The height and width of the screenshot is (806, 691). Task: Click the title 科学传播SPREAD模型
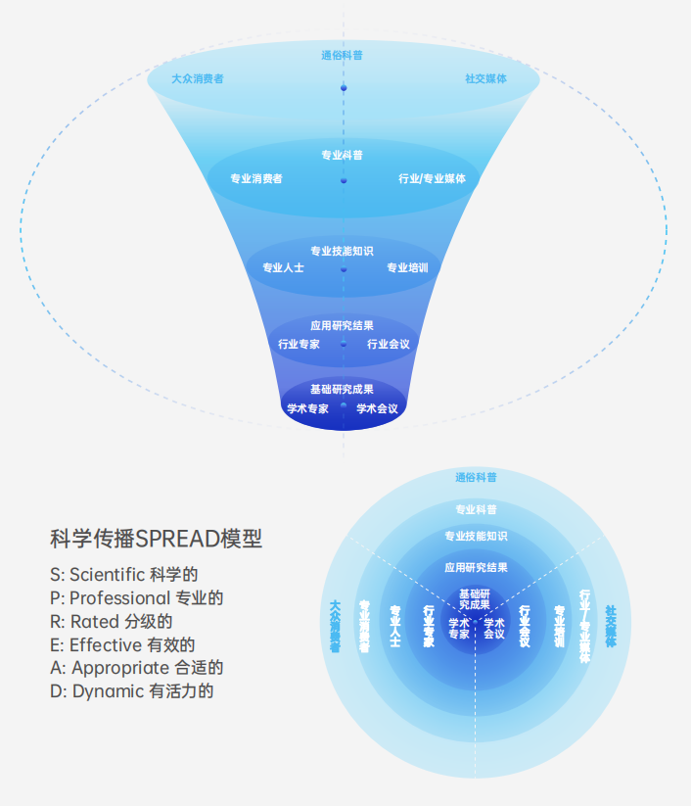(156, 539)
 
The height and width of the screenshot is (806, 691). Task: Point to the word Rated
(94, 621)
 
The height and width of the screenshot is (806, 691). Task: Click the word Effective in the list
(106, 644)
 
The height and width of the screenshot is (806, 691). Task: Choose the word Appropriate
(120, 668)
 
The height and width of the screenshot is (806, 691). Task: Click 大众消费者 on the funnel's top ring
(197, 78)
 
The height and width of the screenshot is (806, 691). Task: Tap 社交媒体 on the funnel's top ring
(485, 78)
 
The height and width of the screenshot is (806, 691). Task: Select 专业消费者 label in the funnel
(256, 178)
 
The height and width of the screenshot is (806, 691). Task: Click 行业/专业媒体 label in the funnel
(432, 178)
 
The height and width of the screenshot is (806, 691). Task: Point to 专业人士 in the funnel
(283, 267)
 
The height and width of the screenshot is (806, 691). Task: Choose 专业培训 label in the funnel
(407, 267)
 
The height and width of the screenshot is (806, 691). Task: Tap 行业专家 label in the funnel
(299, 344)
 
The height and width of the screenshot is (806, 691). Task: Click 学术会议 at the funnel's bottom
(377, 408)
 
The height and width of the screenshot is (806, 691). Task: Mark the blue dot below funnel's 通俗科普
(344, 89)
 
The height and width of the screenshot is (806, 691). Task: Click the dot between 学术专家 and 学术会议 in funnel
(344, 403)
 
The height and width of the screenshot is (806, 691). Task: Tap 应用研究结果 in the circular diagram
(476, 567)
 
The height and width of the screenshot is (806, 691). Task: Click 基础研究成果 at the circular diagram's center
(476, 599)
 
